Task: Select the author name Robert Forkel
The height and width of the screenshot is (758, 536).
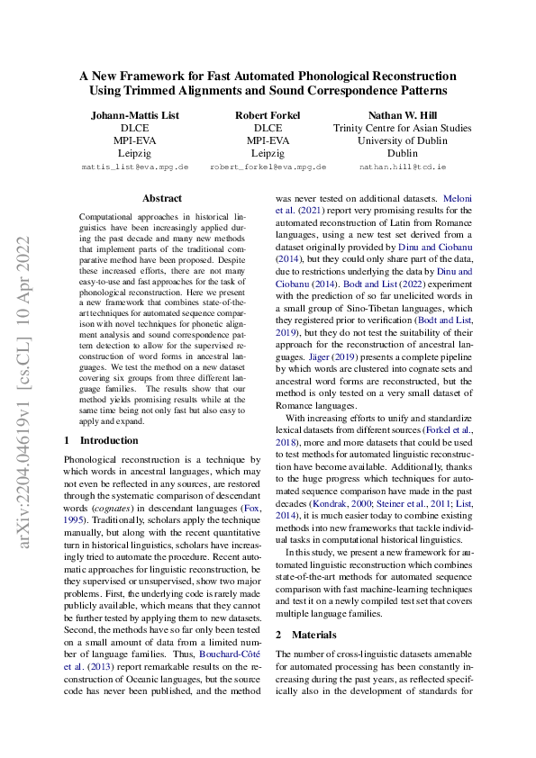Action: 268,115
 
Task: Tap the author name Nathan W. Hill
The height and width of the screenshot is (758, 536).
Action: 402,115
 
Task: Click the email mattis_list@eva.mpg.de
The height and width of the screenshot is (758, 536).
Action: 134,167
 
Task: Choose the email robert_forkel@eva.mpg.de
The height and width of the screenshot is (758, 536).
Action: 268,167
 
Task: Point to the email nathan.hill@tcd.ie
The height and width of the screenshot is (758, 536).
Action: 402,167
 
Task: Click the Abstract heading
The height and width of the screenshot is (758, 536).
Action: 162,198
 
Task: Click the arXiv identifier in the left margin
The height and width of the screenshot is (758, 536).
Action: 27,379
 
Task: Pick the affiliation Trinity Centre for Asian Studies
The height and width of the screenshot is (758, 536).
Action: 402,128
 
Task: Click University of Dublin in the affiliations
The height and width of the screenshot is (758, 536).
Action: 402,140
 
